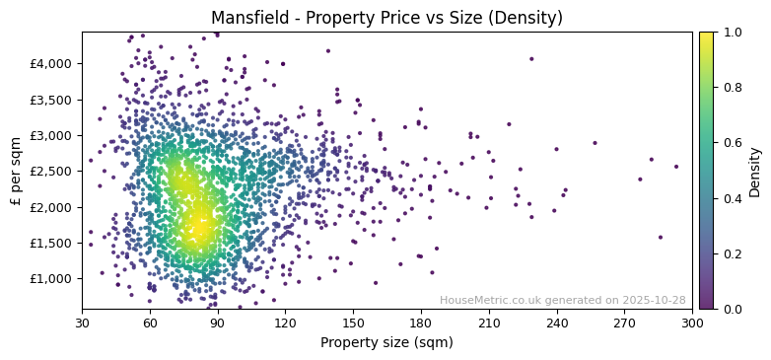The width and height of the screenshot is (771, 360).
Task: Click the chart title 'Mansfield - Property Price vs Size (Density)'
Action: click(x=387, y=18)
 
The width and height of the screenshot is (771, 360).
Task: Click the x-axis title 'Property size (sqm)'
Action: click(x=387, y=343)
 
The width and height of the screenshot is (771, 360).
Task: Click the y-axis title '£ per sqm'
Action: click(x=16, y=171)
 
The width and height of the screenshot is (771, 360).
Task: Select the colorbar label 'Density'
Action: click(x=754, y=171)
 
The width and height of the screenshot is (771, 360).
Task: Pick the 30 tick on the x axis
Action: click(x=82, y=323)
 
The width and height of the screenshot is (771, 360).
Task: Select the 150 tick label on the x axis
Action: click(x=353, y=323)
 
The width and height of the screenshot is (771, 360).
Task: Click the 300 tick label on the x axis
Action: click(x=692, y=323)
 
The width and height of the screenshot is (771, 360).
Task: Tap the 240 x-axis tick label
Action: click(x=557, y=323)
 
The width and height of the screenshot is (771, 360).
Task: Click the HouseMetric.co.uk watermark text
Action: click(x=562, y=300)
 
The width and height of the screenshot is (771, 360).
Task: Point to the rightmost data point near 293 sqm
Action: click(x=676, y=167)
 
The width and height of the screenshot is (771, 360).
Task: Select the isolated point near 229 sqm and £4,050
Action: click(x=531, y=59)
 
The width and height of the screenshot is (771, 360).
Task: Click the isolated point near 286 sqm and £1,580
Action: click(x=661, y=237)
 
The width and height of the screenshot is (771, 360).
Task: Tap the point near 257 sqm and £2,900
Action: click(x=595, y=143)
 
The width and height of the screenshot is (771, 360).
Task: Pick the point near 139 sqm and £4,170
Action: click(x=328, y=51)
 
